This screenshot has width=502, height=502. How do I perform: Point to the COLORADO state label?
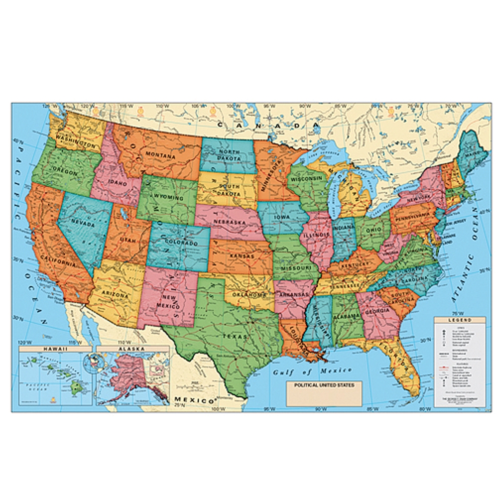(x=180, y=243)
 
